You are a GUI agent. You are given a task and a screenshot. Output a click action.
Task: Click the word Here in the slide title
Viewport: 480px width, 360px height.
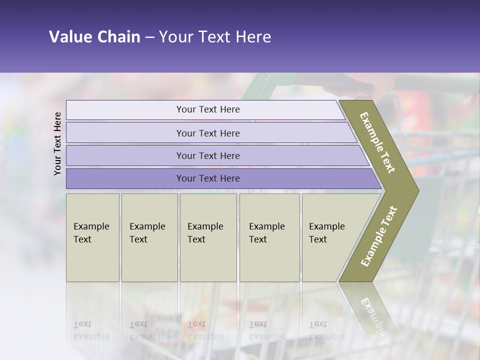(253, 37)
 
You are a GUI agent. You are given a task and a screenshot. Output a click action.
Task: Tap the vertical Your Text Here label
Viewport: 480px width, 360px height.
(57, 143)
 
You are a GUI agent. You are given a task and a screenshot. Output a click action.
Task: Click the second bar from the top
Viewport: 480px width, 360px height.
(208, 133)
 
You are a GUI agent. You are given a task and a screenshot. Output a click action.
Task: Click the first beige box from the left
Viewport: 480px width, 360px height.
(92, 237)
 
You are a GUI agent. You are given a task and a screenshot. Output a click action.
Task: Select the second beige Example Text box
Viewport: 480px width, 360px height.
(149, 237)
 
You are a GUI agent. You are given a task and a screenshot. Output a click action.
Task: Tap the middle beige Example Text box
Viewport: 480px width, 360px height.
(208, 237)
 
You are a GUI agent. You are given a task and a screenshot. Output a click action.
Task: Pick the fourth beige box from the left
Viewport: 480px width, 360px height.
(269, 237)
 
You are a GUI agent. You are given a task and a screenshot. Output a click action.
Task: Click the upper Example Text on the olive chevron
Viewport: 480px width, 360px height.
(377, 142)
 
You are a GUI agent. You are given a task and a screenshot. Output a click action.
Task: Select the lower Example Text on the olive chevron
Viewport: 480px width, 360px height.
(379, 236)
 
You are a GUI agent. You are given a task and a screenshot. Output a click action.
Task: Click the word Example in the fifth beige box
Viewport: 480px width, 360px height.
(327, 226)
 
